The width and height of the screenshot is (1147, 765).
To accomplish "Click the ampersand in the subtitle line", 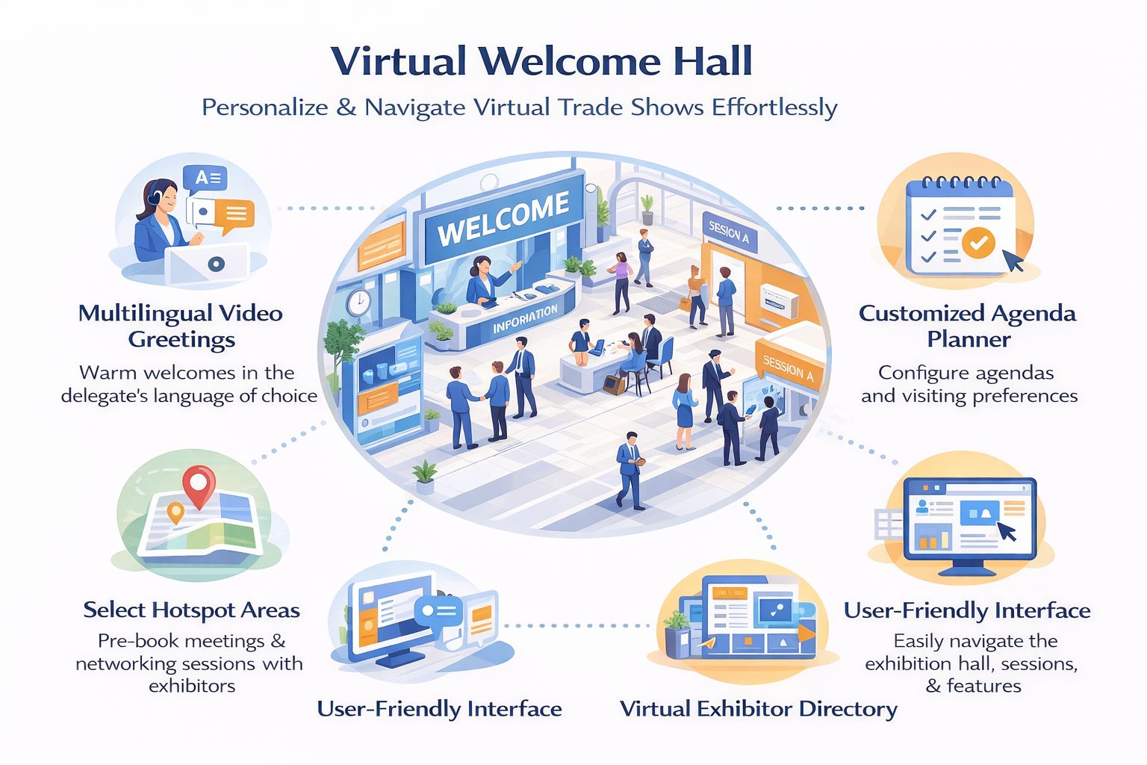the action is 346,108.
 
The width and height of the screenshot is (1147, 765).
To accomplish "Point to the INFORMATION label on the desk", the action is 525,318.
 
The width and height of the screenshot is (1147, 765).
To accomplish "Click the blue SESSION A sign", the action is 729,232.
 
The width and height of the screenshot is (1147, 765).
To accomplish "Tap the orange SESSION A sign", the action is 788,368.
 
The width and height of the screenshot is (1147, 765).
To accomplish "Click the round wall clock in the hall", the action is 359,302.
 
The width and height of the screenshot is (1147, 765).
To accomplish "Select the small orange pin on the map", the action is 175,512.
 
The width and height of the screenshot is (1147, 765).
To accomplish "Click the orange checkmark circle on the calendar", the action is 978,243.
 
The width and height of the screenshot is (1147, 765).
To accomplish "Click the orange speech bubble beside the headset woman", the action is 234,215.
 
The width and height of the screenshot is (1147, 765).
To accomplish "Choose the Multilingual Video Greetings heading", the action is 181,326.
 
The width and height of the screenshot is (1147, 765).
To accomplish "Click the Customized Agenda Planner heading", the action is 968,326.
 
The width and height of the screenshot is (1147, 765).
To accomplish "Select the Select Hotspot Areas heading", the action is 191,610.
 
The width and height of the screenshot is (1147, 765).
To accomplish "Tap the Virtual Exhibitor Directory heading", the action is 759,709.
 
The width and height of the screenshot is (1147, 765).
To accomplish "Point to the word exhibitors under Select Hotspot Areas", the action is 192,686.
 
